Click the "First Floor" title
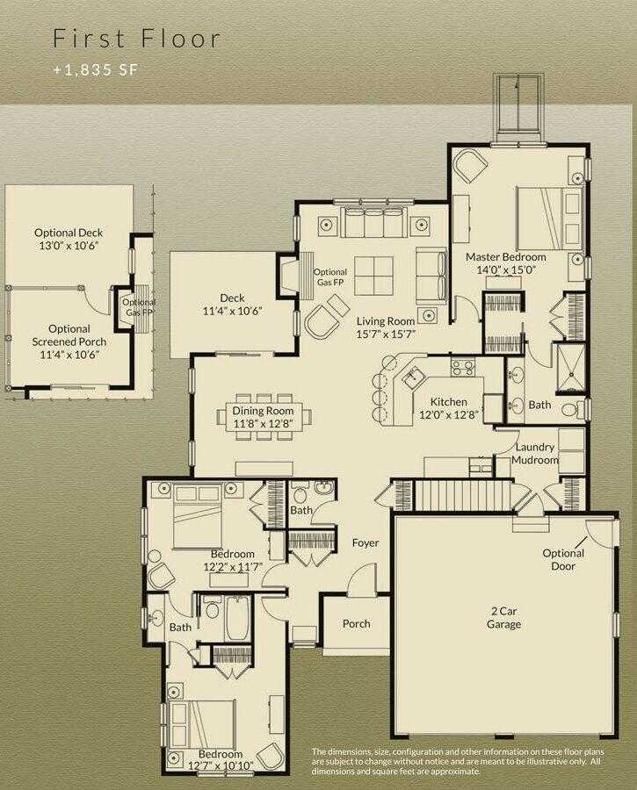[x=137, y=39]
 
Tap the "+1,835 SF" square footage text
[x=95, y=69]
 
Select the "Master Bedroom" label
[x=505, y=257]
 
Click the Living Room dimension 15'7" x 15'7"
[x=386, y=334]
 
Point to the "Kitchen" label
[x=448, y=402]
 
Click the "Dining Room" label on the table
[x=263, y=411]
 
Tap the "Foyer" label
[x=366, y=542]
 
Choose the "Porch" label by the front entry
[x=356, y=624]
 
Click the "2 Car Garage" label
[x=503, y=618]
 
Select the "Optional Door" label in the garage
[x=563, y=559]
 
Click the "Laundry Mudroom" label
[x=534, y=454]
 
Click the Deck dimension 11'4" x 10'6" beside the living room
[x=232, y=312]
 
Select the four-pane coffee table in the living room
[x=373, y=276]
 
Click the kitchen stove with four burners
[x=463, y=367]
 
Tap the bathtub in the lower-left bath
[x=237, y=618]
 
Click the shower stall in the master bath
[x=571, y=367]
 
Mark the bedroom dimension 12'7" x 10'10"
[x=221, y=766]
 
